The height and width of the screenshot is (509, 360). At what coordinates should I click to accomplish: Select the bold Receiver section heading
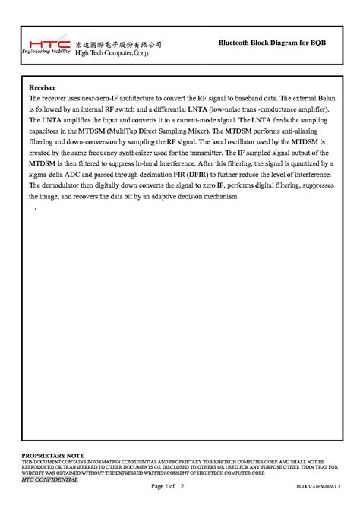coord(43,87)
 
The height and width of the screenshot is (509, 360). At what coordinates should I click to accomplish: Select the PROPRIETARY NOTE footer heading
coord(52,454)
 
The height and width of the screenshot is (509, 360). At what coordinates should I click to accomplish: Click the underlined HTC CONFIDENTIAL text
coord(49,479)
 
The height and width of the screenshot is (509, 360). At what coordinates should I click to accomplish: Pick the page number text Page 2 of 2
coord(169,485)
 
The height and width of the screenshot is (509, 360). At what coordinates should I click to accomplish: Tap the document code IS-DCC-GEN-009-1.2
coord(317,486)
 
